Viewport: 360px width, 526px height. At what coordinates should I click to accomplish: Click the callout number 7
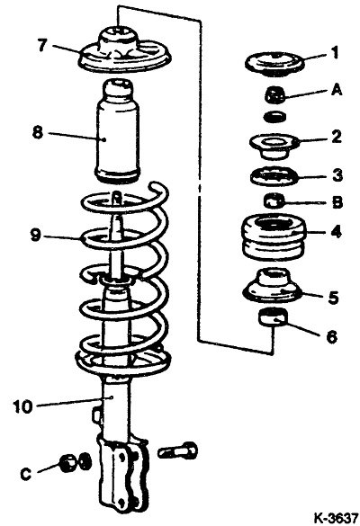pos(41,45)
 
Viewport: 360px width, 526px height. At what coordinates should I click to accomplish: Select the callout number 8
pos(38,132)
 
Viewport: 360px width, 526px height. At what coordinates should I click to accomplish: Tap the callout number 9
pos(35,236)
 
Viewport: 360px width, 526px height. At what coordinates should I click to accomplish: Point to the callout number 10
pos(23,407)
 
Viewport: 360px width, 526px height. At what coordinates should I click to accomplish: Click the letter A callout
pos(337,90)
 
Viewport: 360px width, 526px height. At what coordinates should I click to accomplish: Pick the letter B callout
pos(337,202)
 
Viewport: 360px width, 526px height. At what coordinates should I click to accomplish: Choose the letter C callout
pos(26,474)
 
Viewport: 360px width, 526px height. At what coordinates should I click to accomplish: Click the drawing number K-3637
pos(336,518)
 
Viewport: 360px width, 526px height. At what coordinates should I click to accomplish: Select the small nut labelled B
pos(274,201)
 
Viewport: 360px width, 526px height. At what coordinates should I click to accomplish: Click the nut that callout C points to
pos(68,463)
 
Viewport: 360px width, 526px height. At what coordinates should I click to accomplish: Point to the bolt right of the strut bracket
pos(177,451)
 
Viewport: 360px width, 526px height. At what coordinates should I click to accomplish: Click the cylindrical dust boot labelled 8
pos(117,131)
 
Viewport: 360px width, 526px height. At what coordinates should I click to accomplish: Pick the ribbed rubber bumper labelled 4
pos(274,236)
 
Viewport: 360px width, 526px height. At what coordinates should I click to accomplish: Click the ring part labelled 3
pos(274,176)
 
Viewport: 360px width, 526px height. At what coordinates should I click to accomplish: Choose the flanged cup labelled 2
pos(274,146)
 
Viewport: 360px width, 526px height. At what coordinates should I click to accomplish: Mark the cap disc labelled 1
pos(274,64)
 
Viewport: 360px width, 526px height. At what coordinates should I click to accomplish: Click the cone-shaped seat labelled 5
pos(272,286)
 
